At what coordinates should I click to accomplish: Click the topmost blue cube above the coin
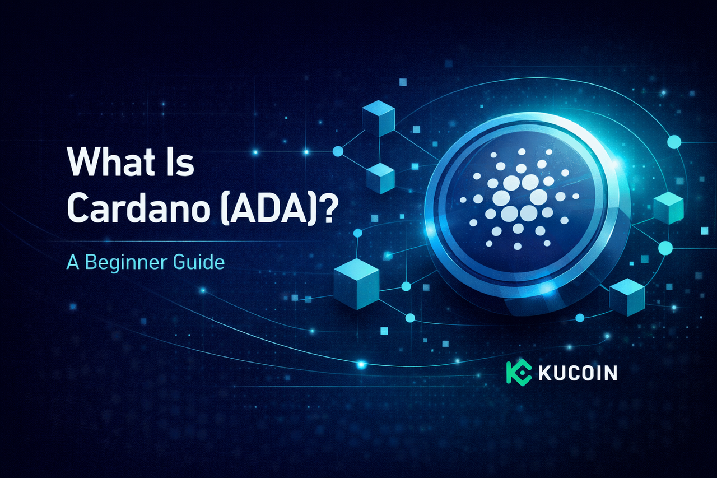click(379, 119)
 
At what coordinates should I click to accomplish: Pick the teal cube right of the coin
click(668, 208)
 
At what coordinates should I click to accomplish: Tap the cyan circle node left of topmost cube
click(338, 151)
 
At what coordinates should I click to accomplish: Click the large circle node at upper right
click(674, 142)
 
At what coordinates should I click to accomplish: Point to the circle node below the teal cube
click(665, 247)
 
